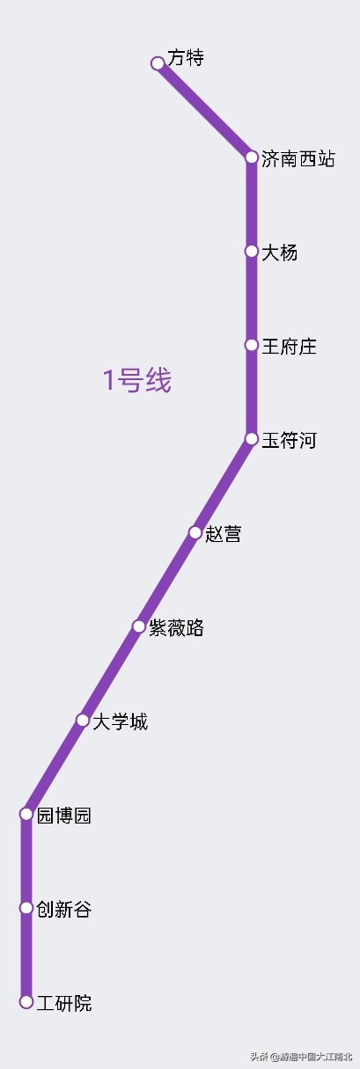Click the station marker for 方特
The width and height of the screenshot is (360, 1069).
click(158, 63)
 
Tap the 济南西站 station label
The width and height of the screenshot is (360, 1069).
click(298, 158)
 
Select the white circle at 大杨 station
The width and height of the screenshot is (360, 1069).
click(252, 251)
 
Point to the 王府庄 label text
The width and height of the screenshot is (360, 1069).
click(289, 347)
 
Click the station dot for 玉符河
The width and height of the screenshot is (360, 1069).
click(252, 438)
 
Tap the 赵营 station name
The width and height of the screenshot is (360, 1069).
click(223, 533)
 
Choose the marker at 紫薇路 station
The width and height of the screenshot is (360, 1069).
click(139, 626)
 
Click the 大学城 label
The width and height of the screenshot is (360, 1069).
click(121, 721)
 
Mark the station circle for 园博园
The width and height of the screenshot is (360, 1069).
click(26, 814)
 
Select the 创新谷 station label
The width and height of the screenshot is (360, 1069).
click(64, 909)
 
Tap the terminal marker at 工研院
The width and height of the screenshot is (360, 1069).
click(26, 1002)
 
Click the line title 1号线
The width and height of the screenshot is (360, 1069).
click(137, 380)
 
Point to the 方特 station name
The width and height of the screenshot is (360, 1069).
click(186, 58)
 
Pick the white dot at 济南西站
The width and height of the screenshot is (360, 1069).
click(252, 157)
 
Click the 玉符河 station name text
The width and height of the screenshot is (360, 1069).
click(289, 440)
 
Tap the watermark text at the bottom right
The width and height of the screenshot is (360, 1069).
click(301, 1056)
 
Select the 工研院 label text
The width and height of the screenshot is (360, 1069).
click(64, 1003)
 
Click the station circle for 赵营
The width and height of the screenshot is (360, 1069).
click(195, 532)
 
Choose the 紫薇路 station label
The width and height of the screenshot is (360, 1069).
click(177, 627)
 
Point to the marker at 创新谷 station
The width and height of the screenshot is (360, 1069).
click(26, 908)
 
